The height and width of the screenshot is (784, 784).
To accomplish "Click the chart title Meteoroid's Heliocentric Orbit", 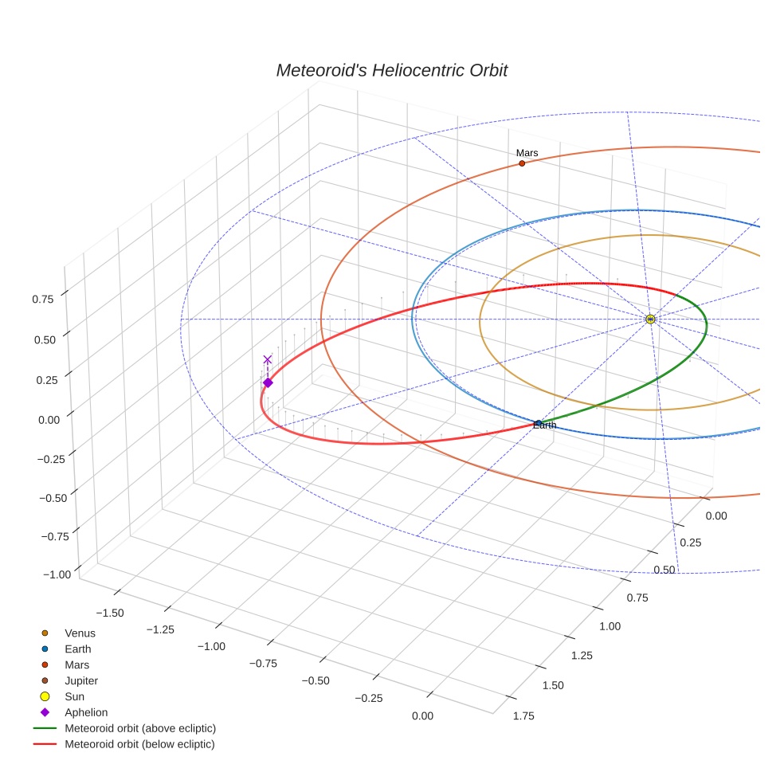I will pos(391,71).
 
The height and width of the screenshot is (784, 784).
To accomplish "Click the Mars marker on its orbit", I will pos(522,163).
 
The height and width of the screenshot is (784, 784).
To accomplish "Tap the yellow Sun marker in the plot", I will pos(650,319).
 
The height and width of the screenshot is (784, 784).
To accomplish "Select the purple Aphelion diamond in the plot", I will pos(268,383).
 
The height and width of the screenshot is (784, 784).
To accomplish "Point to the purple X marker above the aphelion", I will pos(268,359).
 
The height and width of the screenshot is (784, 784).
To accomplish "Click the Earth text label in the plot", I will pos(545,425).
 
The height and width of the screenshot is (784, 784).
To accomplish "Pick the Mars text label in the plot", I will pos(527,153).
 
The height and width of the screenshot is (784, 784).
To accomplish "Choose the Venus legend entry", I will pos(80,633).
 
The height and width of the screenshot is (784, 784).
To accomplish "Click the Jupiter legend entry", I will pos(81,680).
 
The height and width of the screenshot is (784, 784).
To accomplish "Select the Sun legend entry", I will pos(76,696).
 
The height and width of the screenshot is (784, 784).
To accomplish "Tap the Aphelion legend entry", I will pos(86,712).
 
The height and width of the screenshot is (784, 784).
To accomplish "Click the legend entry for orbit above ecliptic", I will pos(140,728).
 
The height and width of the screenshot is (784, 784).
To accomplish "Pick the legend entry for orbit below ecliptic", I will pos(139,744).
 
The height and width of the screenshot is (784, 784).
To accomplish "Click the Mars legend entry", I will pos(76,664).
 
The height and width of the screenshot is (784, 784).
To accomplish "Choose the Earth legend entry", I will pos(77,649).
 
